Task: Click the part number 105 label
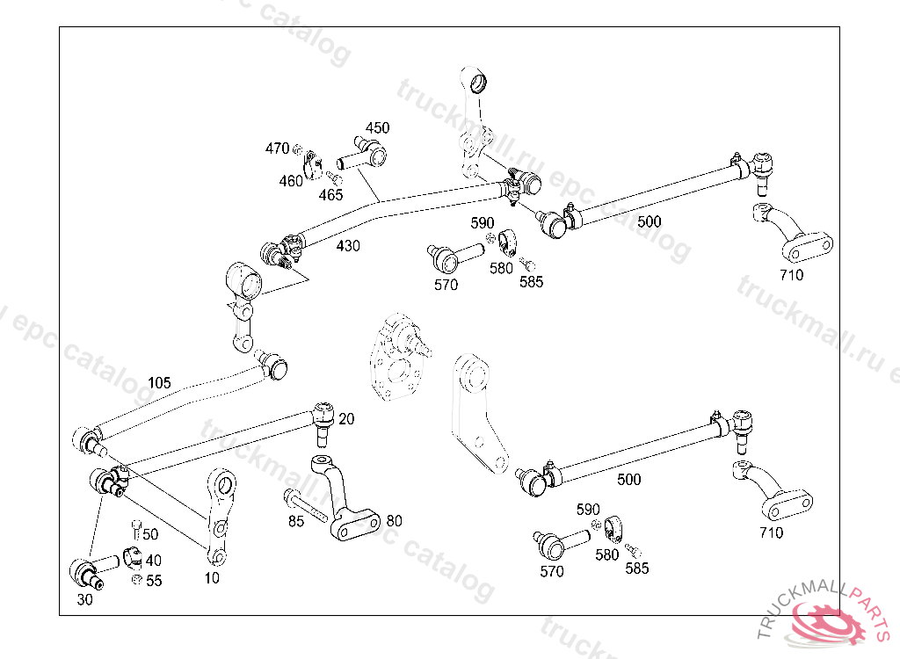click(x=159, y=383)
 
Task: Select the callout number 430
click(x=348, y=246)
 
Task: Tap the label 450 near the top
click(x=377, y=128)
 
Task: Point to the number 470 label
click(x=277, y=148)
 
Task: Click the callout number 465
click(x=330, y=195)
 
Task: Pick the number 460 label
click(x=291, y=181)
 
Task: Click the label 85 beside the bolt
click(x=296, y=521)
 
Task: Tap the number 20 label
click(x=346, y=419)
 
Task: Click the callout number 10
click(x=212, y=578)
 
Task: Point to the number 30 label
click(x=84, y=601)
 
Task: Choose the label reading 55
click(x=154, y=581)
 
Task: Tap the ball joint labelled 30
click(x=86, y=572)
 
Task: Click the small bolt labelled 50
click(x=135, y=529)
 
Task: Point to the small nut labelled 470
click(x=298, y=148)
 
